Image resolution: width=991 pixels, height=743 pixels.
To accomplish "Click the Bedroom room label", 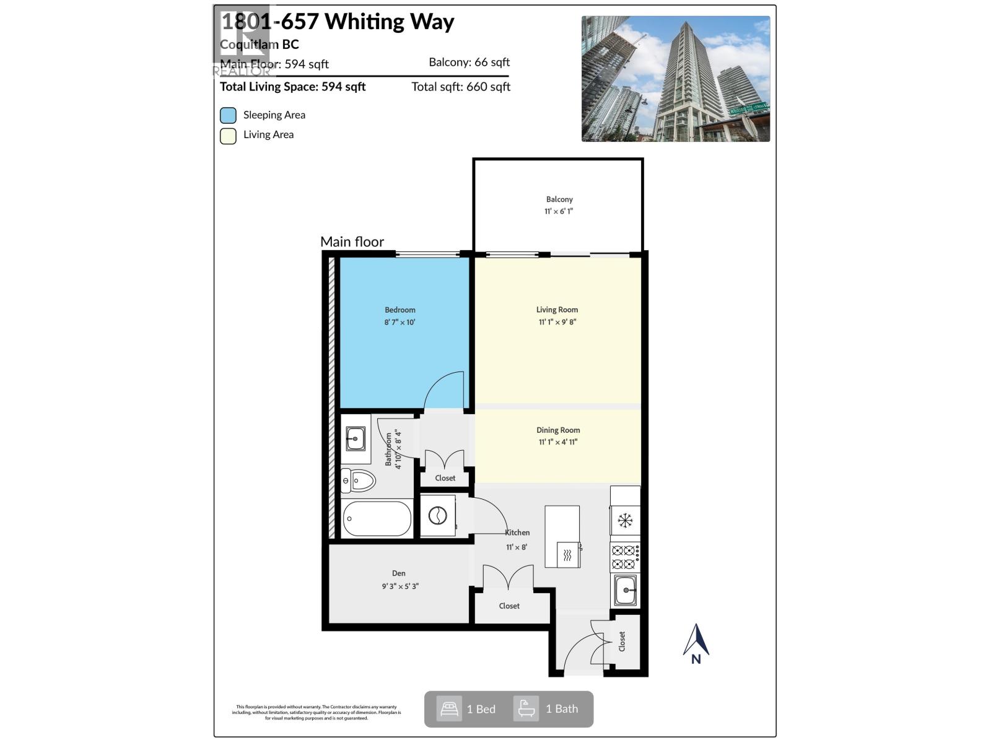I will [x=399, y=310].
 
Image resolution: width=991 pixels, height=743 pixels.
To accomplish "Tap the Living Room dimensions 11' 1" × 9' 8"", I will [x=557, y=322].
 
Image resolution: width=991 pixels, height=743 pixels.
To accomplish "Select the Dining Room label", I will [x=557, y=430].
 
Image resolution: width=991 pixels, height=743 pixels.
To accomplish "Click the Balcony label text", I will [x=559, y=199].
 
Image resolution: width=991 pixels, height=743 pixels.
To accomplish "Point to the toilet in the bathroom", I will [x=359, y=480].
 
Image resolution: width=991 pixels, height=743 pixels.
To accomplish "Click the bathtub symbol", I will [x=377, y=518].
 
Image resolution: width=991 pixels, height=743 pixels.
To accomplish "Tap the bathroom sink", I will [x=356, y=438].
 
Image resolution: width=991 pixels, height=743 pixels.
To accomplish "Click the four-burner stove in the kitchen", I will [x=625, y=556].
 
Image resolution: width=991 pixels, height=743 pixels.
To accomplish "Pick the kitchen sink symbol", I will [x=626, y=590].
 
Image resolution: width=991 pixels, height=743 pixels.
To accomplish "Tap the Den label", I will [x=398, y=573].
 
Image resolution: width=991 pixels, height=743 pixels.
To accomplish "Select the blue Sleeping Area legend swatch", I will [x=228, y=115].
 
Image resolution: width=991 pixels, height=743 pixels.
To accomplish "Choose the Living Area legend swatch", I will [x=228, y=136].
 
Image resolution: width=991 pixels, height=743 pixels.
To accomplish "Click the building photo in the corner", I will [x=675, y=79].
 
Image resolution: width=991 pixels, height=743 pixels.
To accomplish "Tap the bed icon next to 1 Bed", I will [x=449, y=708].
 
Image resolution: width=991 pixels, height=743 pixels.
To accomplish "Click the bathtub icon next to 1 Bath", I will [x=526, y=708].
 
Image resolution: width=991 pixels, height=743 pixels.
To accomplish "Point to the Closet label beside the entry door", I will [x=622, y=641].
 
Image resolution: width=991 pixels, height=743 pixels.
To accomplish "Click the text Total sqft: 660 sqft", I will [x=461, y=87].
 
